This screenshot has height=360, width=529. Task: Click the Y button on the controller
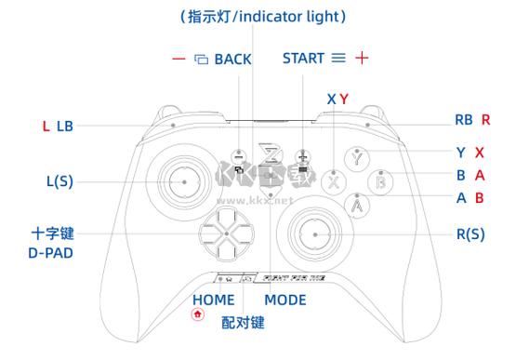coord(358,158)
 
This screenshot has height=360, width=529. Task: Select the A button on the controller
coord(358,203)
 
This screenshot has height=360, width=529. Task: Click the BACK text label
coord(232,59)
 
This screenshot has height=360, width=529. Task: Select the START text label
coord(303,58)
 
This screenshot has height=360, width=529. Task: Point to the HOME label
coord(213,300)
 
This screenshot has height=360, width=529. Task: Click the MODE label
coord(284,300)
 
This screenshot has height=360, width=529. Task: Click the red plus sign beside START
coord(362,58)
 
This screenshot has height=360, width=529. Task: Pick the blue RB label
coord(464,120)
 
